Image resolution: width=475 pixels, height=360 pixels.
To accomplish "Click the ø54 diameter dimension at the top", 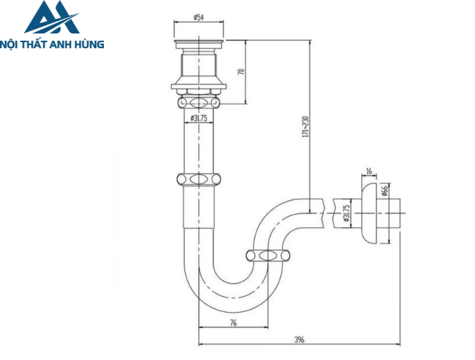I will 199,17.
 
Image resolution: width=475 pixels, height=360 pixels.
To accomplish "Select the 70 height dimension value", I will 241,73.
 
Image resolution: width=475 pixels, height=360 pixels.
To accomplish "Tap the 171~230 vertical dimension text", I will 306,126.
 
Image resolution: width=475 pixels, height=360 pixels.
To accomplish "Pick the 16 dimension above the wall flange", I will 369,172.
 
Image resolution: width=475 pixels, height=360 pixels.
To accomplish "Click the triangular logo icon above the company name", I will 52,18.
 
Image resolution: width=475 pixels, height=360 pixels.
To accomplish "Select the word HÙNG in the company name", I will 91,45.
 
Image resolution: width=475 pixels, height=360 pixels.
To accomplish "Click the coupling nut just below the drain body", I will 199,103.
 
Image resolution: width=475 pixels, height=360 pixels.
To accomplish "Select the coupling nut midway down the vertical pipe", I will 199,180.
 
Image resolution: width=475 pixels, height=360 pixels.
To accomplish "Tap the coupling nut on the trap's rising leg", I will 268,255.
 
